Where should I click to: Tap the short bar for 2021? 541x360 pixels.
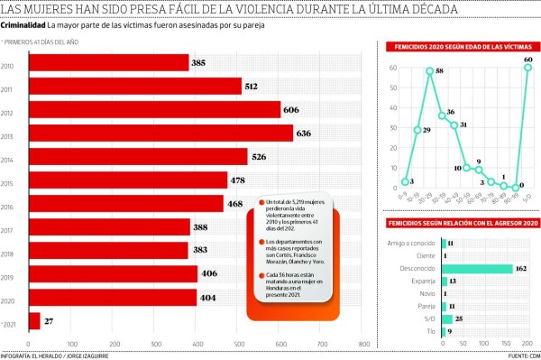34,320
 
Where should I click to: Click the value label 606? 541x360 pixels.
292,110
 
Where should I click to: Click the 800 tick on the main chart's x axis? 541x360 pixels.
364,344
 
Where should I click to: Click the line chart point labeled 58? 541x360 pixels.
430,71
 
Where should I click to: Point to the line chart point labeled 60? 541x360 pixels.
527,68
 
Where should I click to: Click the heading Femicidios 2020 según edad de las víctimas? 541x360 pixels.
461,46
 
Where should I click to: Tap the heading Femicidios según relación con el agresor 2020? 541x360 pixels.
461,222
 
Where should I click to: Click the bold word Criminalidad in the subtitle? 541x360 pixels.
23,26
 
